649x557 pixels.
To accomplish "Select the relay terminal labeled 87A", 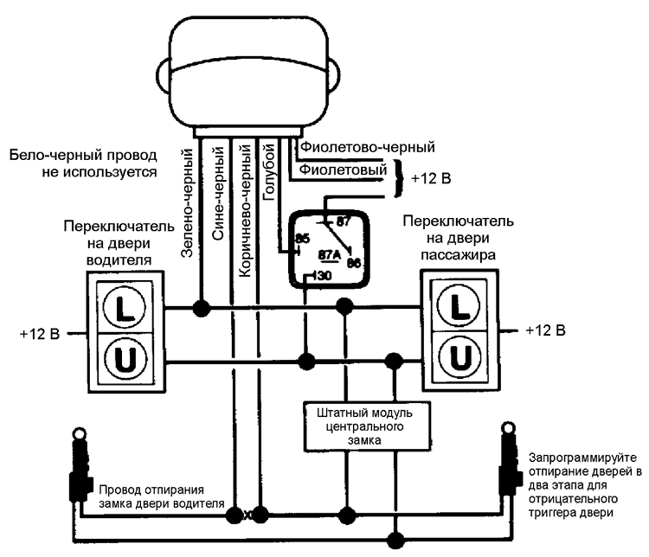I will (x=330, y=255).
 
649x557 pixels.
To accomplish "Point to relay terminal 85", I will (x=302, y=238).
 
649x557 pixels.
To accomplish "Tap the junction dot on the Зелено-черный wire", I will (x=202, y=307).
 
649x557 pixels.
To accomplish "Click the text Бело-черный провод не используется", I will (x=82, y=163).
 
